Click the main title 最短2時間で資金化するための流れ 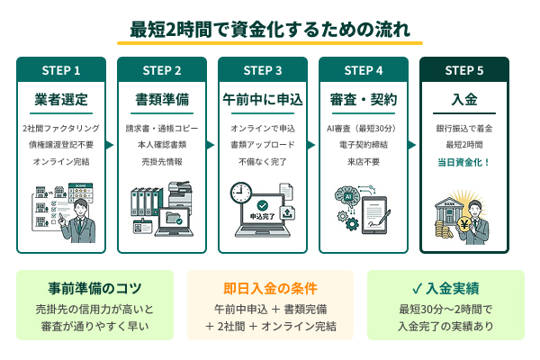(x=270, y=29)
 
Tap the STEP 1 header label (x=61, y=69)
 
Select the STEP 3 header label (x=263, y=69)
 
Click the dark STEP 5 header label (x=464, y=69)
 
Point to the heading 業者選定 (x=61, y=98)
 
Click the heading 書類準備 (x=162, y=98)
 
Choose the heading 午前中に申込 (x=263, y=98)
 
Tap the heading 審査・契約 (x=364, y=98)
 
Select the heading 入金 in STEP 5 (x=464, y=98)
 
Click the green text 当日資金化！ (x=464, y=162)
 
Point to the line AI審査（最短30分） (x=364, y=129)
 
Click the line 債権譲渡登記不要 (x=61, y=145)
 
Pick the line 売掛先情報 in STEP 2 (x=162, y=162)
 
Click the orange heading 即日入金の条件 (x=270, y=289)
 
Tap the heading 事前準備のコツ (x=82, y=289)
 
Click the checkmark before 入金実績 (x=417, y=289)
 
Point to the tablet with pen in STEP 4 (x=381, y=216)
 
